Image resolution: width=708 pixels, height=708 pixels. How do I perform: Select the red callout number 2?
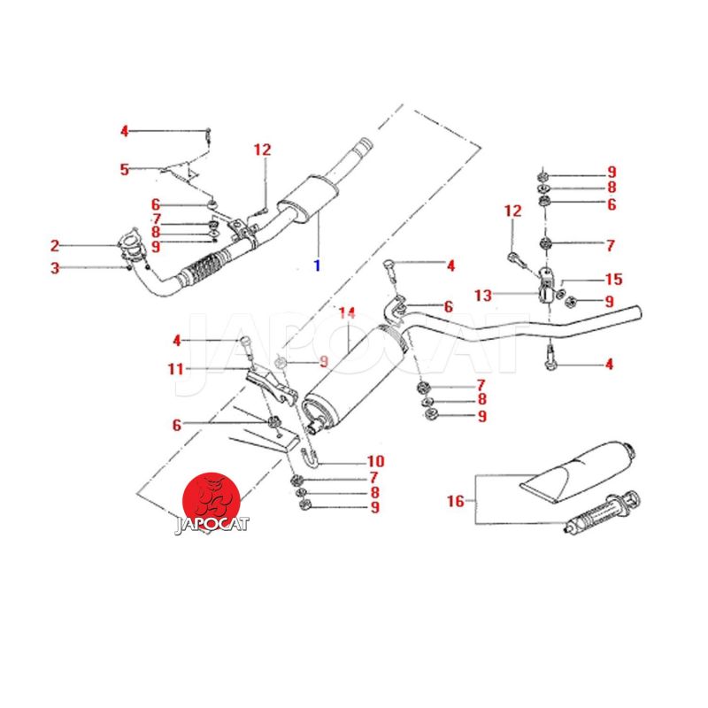pyautogui.click(x=55, y=245)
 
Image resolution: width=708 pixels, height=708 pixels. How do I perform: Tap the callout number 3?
pyautogui.click(x=55, y=267)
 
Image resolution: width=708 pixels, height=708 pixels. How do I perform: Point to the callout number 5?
pyautogui.click(x=125, y=168)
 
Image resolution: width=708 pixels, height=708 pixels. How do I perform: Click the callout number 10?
pyautogui.click(x=375, y=461)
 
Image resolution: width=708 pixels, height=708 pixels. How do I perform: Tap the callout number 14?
pyautogui.click(x=346, y=313)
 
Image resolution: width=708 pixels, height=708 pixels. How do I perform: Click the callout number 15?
pyautogui.click(x=613, y=279)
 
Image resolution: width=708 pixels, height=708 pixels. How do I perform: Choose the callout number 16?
pyautogui.click(x=455, y=502)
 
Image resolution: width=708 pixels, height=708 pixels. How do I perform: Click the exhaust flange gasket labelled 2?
pyautogui.click(x=130, y=242)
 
